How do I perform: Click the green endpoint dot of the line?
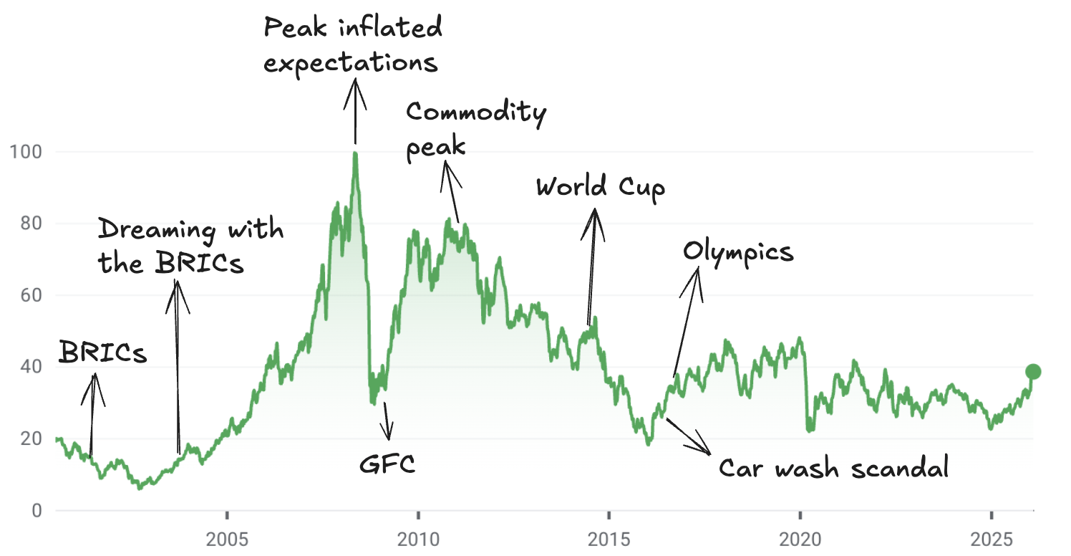coord(1032,371)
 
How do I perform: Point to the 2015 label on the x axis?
coord(609,537)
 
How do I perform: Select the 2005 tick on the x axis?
coord(226,537)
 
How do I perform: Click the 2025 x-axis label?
coord(990,537)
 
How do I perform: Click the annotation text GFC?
coord(387,465)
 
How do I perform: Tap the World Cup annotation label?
coord(601,188)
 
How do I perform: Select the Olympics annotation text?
coord(738,252)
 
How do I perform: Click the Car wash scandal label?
coord(833,469)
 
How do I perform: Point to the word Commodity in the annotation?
coord(476,112)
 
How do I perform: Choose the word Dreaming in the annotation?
coord(157,231)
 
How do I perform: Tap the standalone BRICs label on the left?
coord(103,353)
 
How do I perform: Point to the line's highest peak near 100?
coord(355,153)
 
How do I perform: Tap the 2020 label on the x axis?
coord(800,537)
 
